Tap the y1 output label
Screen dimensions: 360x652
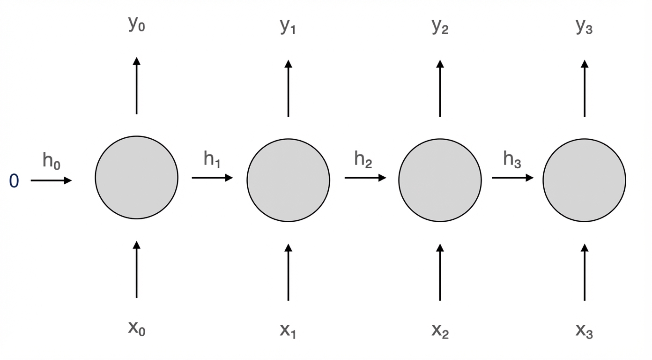pyautogui.click(x=288, y=27)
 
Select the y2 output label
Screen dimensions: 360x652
pyautogui.click(x=440, y=27)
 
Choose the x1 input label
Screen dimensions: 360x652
pyautogui.click(x=288, y=330)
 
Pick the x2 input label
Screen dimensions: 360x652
pyautogui.click(x=440, y=330)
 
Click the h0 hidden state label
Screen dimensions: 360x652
pyautogui.click(x=52, y=161)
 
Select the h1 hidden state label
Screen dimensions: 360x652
pyautogui.click(x=212, y=159)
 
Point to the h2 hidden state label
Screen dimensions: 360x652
pyautogui.click(x=363, y=159)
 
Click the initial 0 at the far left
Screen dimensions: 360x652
pyautogui.click(x=14, y=181)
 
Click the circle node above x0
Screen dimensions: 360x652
pyautogui.click(x=137, y=177)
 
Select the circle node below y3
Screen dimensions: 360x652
pyautogui.click(x=585, y=180)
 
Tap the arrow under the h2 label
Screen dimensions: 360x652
pyautogui.click(x=365, y=178)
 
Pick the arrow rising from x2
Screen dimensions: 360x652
pyautogui.click(x=440, y=272)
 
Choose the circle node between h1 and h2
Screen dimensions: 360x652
pyautogui.click(x=289, y=179)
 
